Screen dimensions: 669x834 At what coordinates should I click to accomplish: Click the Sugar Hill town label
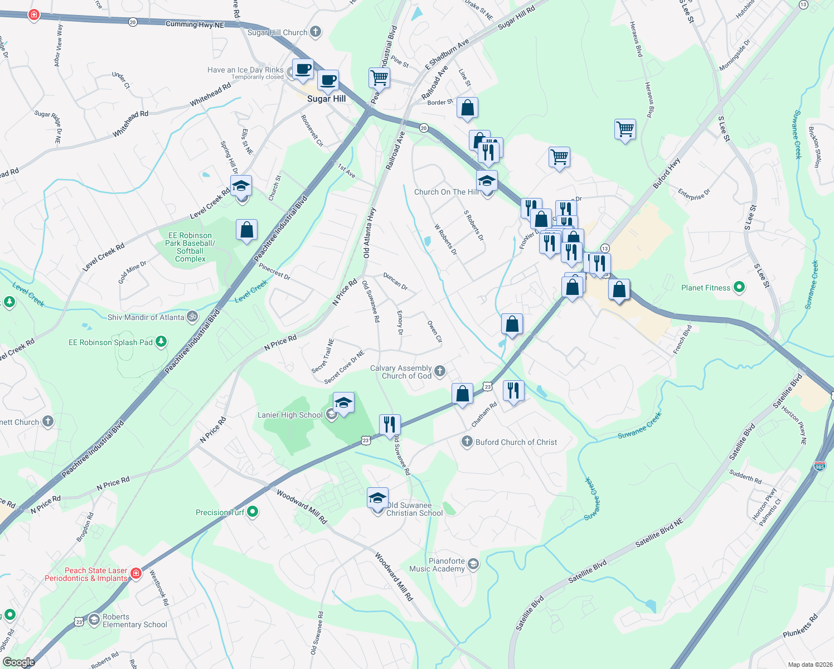coord(326,99)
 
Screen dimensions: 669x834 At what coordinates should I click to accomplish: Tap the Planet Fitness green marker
coord(739,288)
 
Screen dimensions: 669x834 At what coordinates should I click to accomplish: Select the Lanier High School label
coord(290,415)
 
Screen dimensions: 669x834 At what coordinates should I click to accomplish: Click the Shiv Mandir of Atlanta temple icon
coord(192,317)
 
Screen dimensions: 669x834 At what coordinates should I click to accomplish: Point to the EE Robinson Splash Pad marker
coord(161,341)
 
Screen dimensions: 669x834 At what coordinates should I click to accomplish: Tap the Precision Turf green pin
coord(253,512)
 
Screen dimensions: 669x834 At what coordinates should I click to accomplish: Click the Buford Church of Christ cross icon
coord(467,442)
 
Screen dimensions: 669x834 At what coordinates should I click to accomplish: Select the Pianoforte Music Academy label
coord(437,565)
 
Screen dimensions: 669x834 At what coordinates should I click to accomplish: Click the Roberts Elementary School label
coord(134,620)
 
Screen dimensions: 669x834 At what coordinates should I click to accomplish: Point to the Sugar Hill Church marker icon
coord(316,32)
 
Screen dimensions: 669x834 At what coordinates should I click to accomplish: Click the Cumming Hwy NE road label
coord(195,25)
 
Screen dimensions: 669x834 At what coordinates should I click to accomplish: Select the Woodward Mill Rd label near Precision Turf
coord(302,506)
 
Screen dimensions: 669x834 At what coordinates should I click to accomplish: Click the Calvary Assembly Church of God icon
coord(440,371)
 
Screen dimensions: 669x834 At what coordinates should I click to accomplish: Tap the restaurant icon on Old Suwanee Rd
coord(389,424)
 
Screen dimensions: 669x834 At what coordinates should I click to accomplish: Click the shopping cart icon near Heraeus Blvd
coord(625,129)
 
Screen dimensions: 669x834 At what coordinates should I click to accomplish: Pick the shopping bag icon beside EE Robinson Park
coord(246,230)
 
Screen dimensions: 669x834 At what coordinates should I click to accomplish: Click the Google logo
coord(18,662)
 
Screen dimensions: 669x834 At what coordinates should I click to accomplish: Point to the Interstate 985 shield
coord(820,466)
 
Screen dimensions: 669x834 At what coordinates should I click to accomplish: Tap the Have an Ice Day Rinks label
coord(245,70)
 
